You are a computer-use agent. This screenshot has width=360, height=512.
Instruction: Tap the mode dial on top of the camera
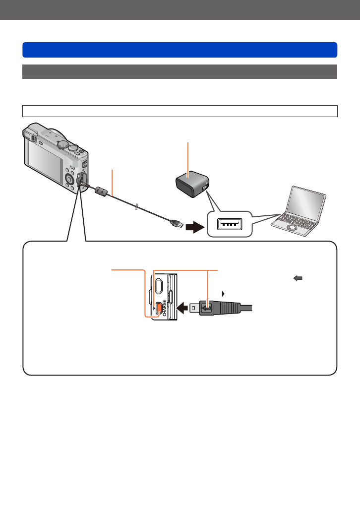point(63,144)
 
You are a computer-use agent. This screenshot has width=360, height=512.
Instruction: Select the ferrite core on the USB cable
point(101,192)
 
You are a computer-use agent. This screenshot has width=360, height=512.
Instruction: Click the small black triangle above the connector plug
point(224,293)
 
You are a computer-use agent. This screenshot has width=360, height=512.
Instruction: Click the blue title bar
point(180,50)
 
